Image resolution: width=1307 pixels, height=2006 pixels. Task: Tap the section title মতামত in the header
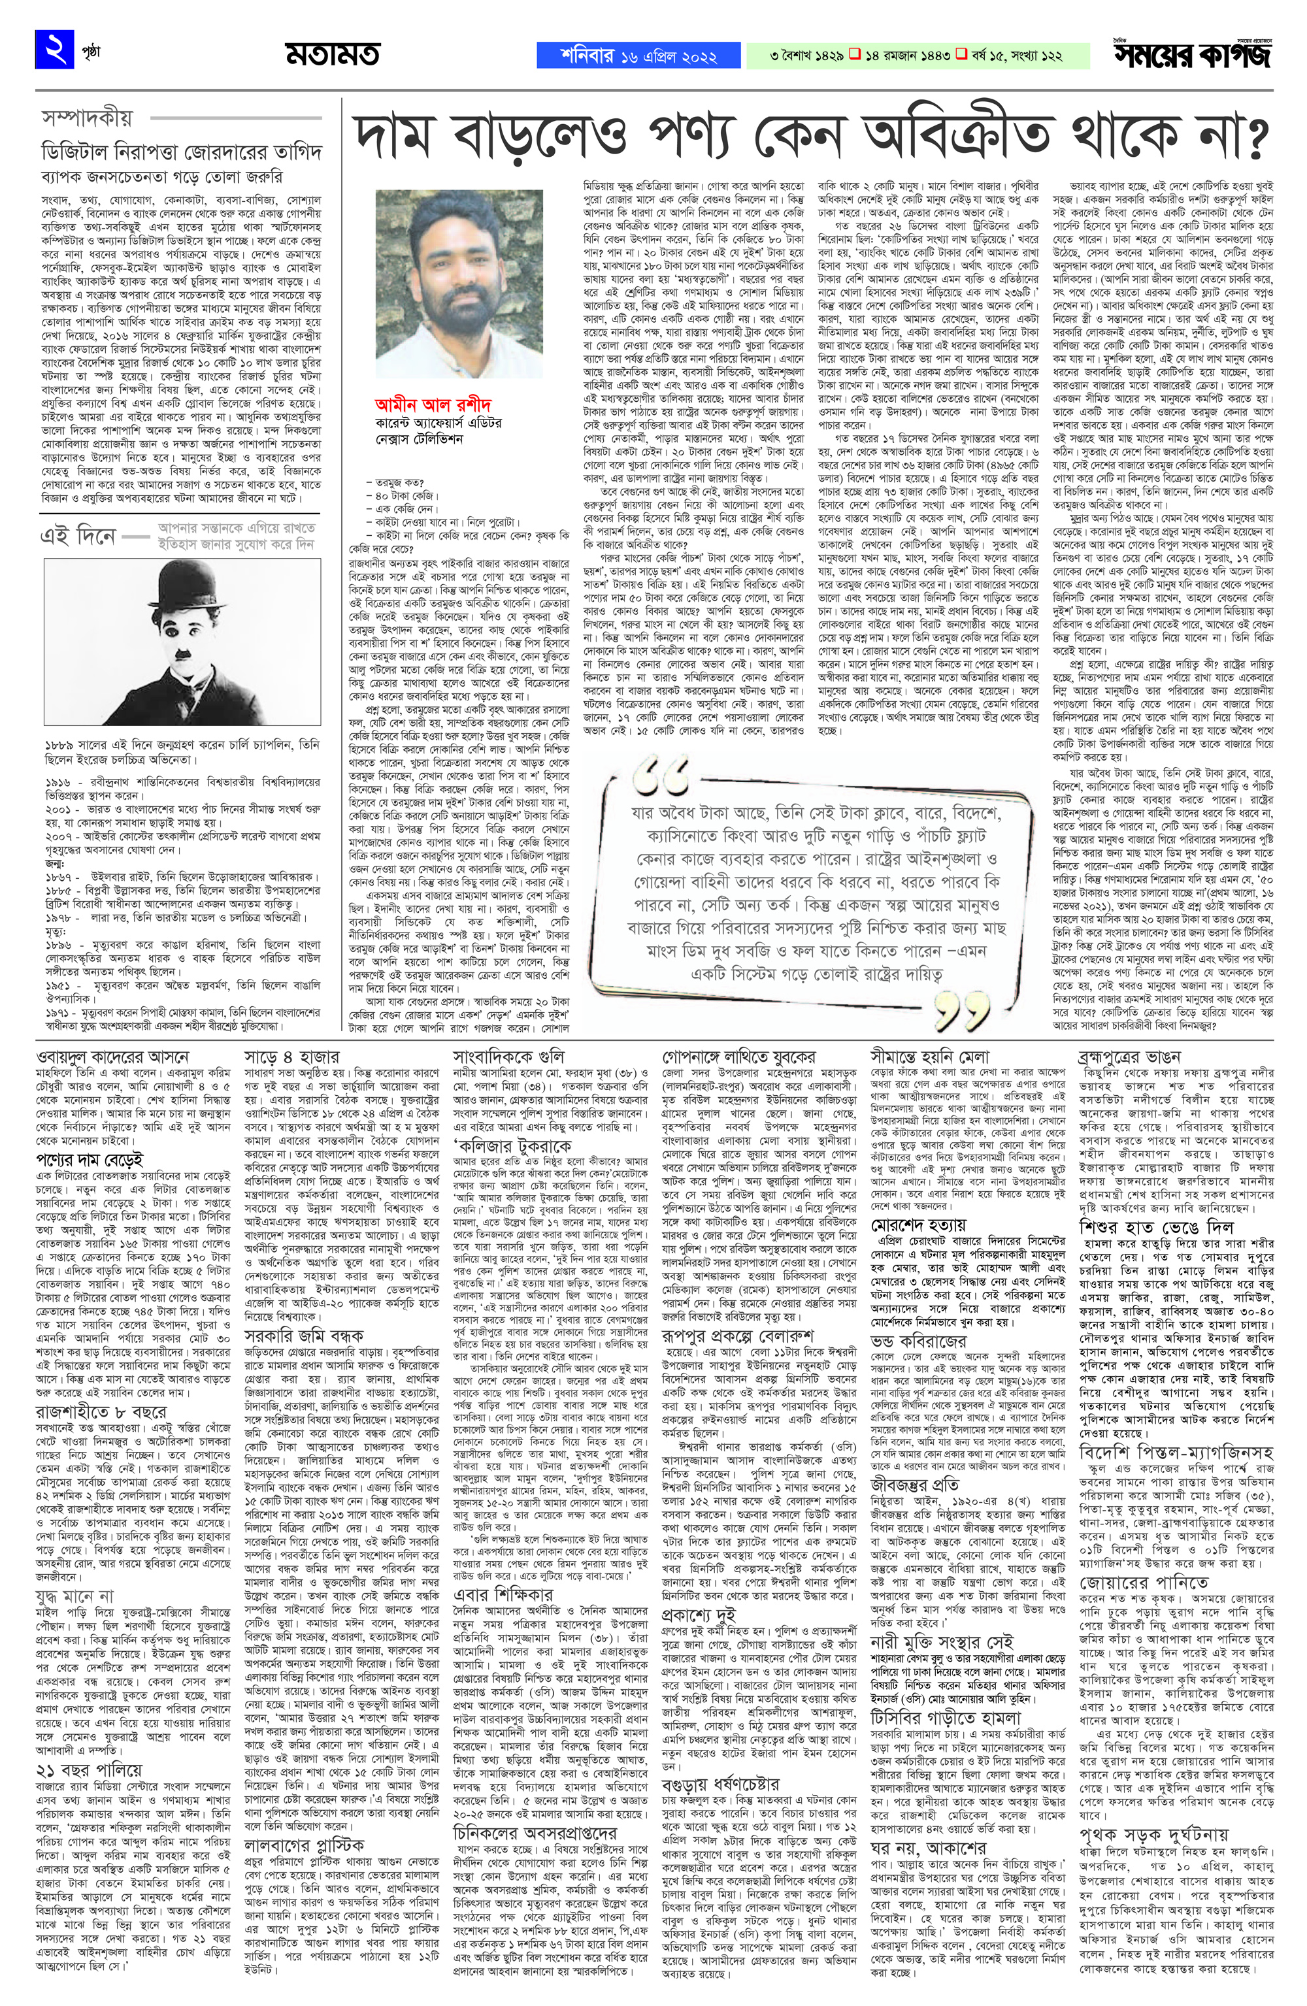point(331,56)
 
